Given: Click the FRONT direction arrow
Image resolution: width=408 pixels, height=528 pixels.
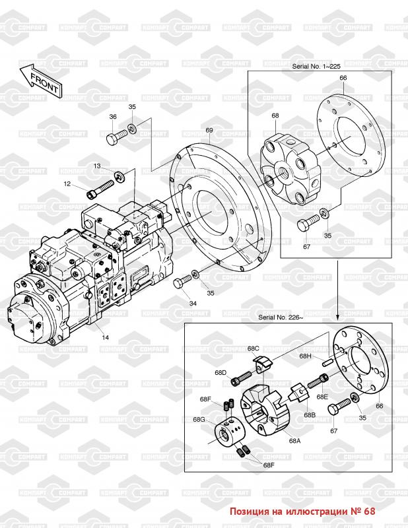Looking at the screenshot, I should pyautogui.click(x=40, y=82).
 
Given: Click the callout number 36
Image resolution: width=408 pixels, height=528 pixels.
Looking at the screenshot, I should pyautogui.click(x=113, y=117).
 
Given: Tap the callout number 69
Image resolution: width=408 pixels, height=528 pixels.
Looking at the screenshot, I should pyautogui.click(x=209, y=130).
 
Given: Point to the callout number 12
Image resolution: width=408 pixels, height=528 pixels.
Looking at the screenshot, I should pyautogui.click(x=67, y=183).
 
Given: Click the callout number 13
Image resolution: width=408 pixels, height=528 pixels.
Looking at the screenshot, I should pyautogui.click(x=96, y=166).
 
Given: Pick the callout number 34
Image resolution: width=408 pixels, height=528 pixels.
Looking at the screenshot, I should pyautogui.click(x=193, y=304).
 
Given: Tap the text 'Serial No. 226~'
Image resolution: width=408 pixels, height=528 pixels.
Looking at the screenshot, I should pyautogui.click(x=281, y=317).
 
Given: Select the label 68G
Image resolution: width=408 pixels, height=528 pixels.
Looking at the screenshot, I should pyautogui.click(x=199, y=420).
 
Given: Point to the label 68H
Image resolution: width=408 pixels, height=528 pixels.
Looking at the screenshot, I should pyautogui.click(x=304, y=356).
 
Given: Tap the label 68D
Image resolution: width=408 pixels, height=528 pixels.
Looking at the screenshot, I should pyautogui.click(x=219, y=373).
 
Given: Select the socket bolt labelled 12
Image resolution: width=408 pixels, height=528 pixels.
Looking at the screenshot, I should pyautogui.click(x=96, y=193).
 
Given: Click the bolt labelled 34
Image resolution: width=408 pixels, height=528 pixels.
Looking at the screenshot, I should pyautogui.click(x=181, y=283).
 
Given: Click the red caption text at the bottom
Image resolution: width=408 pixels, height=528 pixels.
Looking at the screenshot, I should pyautogui.click(x=302, y=511).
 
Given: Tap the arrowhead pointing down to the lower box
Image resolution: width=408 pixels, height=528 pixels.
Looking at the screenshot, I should pyautogui.click(x=337, y=313).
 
